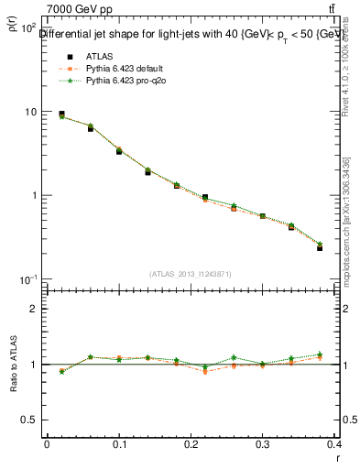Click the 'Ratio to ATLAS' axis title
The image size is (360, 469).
click(x=13, y=365)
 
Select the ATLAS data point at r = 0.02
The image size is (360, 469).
click(x=61, y=115)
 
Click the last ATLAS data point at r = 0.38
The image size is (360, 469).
click(x=320, y=247)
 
